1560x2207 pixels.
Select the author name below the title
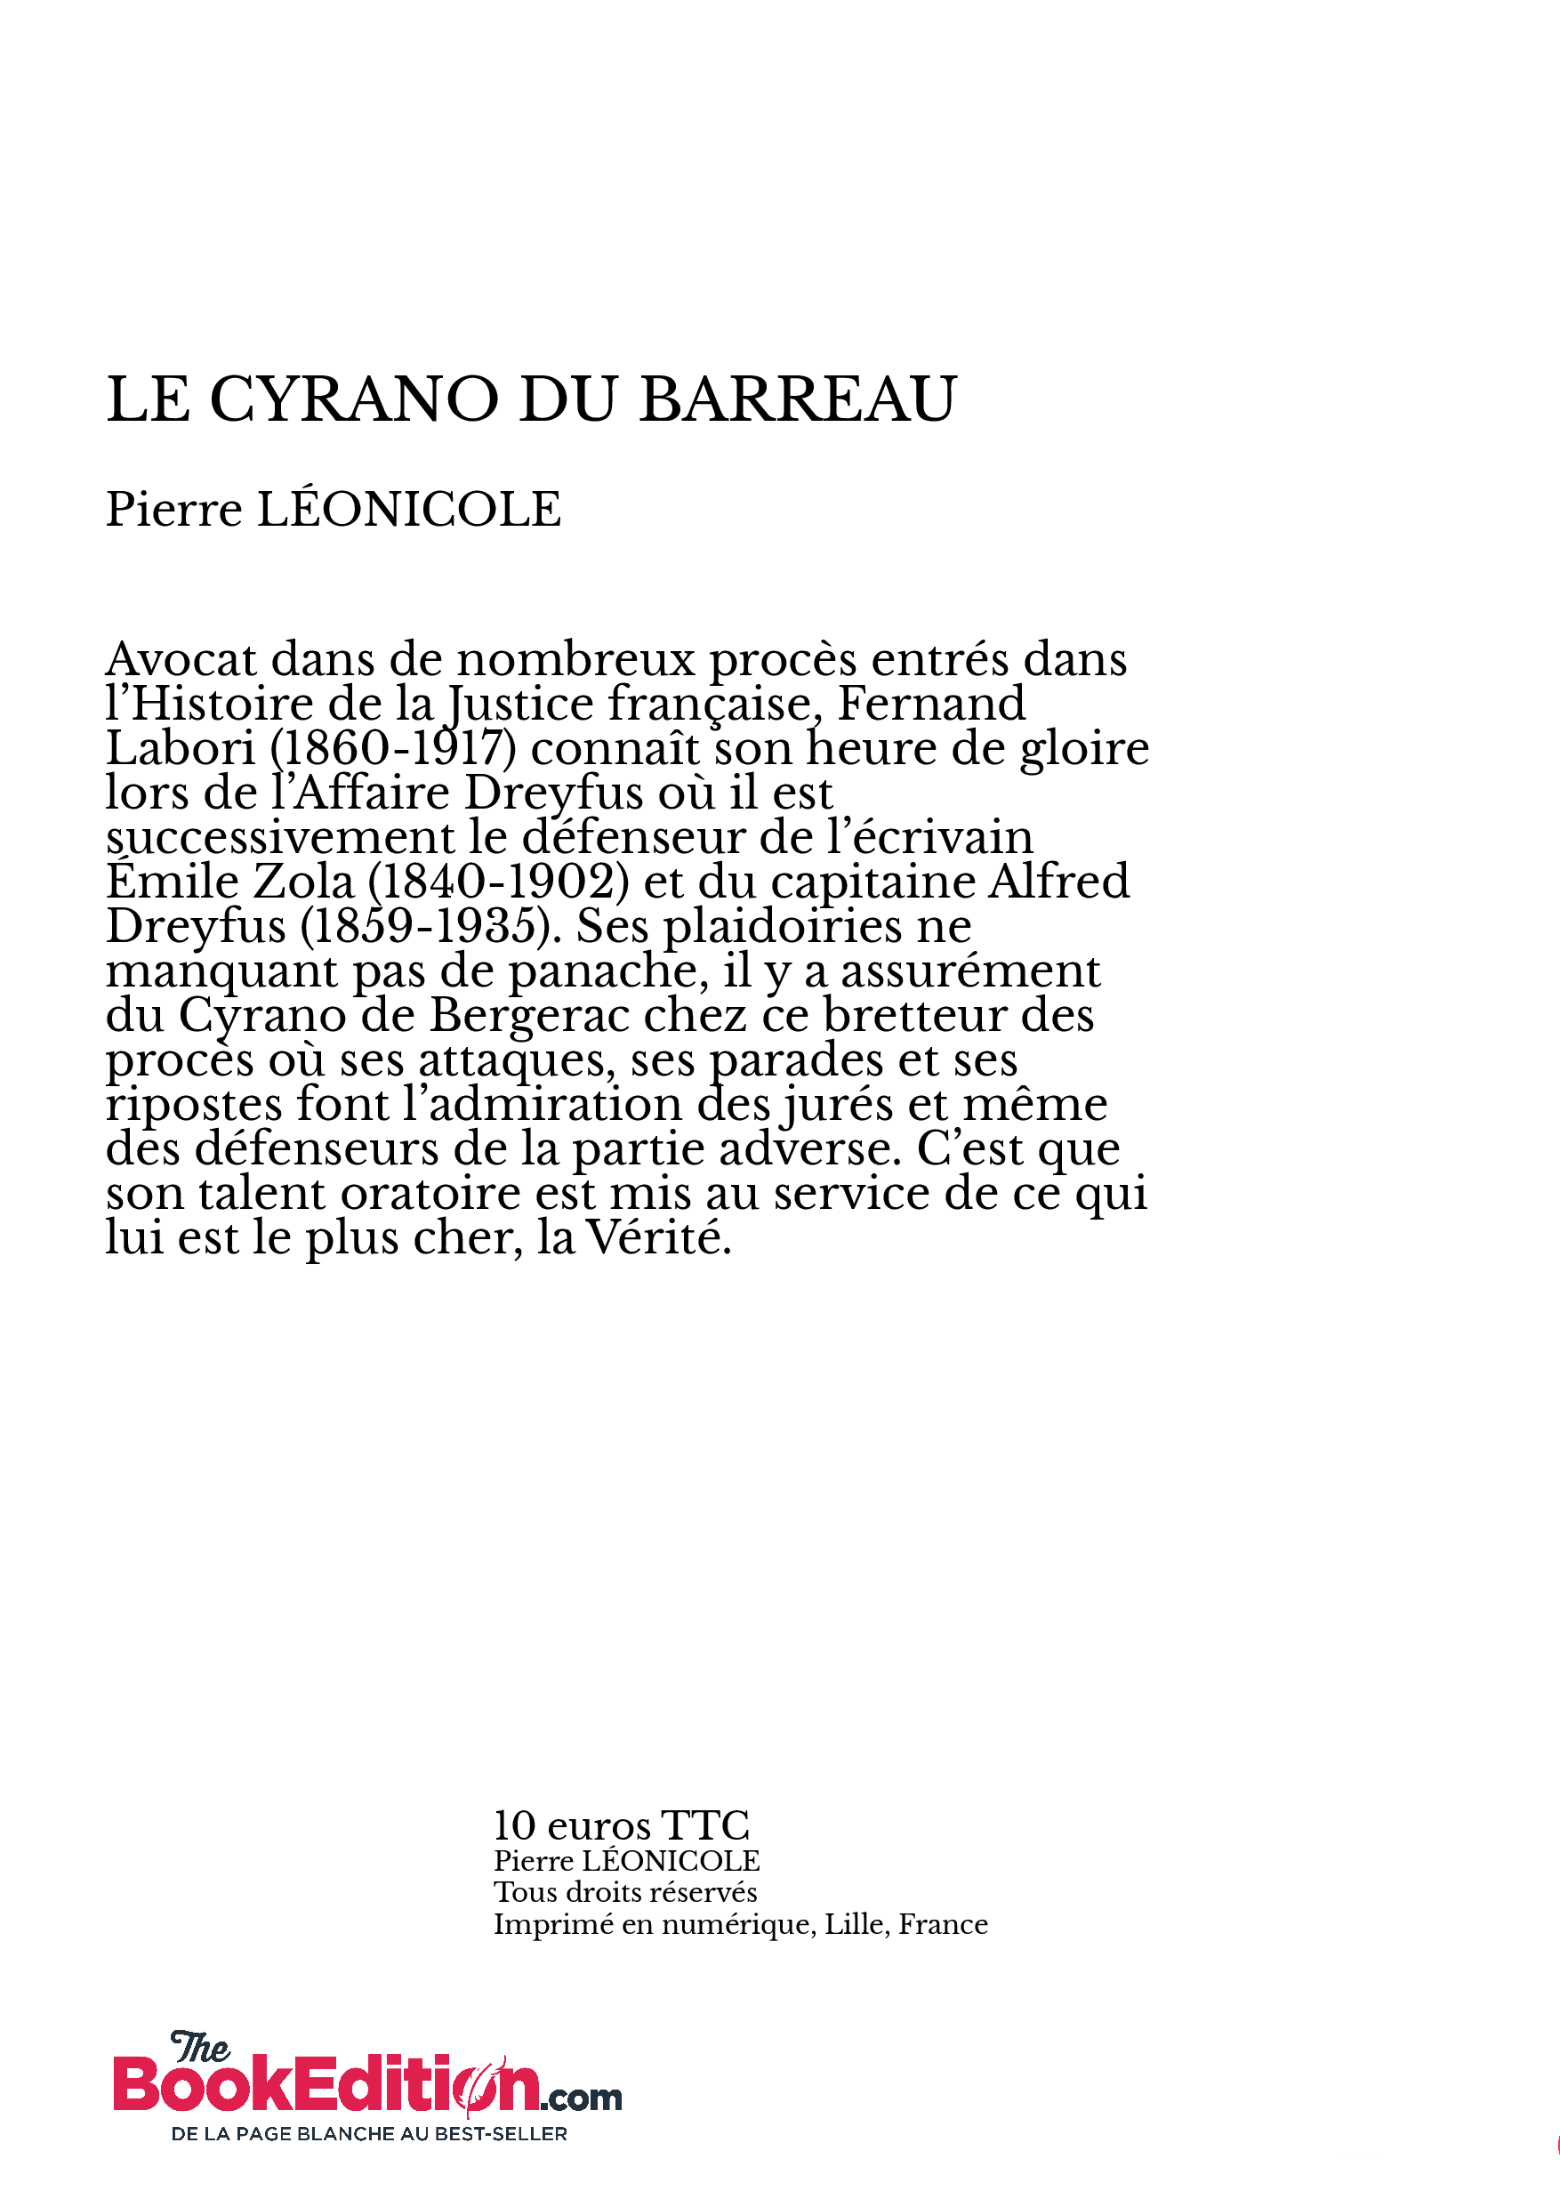click(333, 510)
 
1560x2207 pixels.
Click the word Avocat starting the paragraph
click(181, 659)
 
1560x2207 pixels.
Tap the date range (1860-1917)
click(393, 749)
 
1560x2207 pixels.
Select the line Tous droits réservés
click(624, 1893)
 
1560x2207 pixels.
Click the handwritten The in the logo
click(200, 2049)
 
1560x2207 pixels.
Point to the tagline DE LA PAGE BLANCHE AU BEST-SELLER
click(369, 2134)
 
